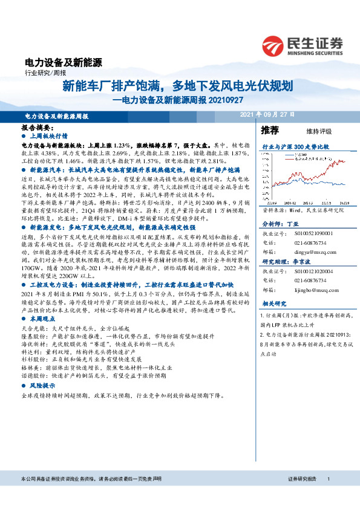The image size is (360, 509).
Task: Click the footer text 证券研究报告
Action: (x=303, y=495)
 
